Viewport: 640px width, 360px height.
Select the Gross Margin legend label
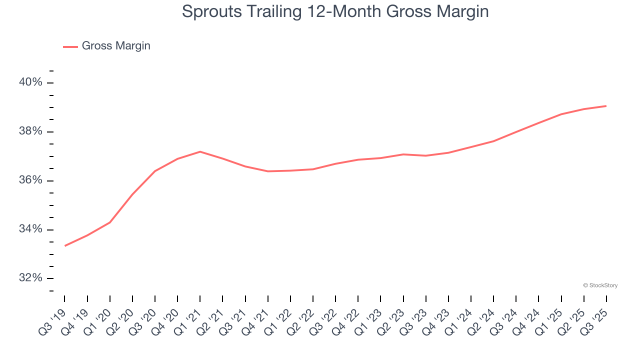point(116,46)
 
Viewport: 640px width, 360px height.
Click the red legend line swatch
point(70,46)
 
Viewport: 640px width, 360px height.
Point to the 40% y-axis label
point(31,82)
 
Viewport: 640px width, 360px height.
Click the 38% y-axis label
point(31,131)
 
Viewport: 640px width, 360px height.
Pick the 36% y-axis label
point(31,180)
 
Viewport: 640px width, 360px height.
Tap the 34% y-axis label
point(31,229)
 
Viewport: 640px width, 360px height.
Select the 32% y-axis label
point(31,278)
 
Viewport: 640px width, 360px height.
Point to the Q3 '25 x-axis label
point(596,317)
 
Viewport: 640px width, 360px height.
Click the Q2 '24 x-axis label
point(483,317)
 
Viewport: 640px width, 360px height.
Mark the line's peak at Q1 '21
point(200,151)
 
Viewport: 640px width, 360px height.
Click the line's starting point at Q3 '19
point(65,245)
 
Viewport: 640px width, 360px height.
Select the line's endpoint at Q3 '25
point(606,106)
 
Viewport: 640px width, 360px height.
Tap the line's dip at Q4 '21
point(268,171)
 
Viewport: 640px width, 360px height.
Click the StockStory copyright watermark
point(600,285)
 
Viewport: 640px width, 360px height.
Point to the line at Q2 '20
point(132,194)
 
